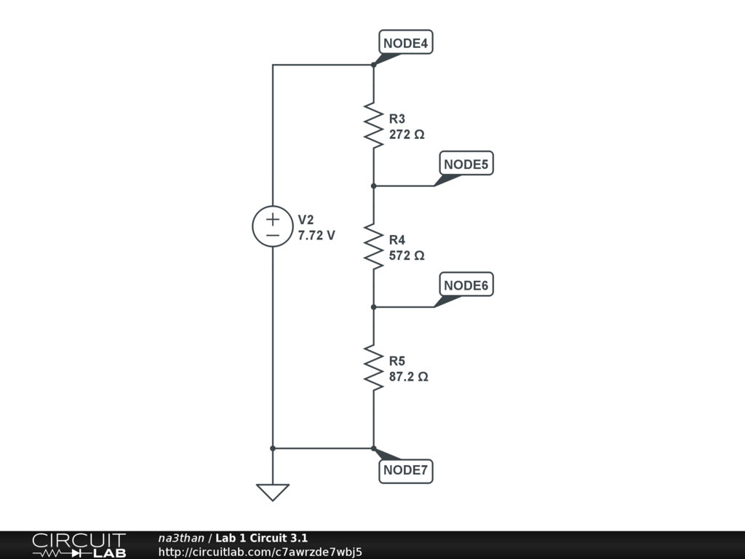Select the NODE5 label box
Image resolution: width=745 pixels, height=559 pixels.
click(467, 164)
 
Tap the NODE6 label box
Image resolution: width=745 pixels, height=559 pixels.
click(467, 285)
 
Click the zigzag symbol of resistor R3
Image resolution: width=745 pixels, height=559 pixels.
click(373, 125)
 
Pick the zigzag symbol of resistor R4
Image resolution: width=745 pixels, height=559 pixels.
click(373, 246)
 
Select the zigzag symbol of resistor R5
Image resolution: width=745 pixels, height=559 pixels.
click(373, 368)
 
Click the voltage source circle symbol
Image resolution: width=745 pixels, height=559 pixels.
click(273, 226)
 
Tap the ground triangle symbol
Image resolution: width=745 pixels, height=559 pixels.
click(273, 492)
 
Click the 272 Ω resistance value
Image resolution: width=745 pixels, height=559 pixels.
click(407, 135)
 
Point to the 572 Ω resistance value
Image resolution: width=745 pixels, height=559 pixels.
click(407, 255)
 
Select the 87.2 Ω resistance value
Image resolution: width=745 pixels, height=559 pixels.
click(409, 377)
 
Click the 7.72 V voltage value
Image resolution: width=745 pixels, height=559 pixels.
click(316, 236)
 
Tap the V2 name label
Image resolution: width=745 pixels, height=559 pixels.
click(306, 220)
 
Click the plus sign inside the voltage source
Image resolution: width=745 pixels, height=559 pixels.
click(273, 218)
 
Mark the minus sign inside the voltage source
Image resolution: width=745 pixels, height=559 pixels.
click(273, 235)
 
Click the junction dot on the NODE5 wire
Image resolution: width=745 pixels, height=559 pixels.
click(373, 186)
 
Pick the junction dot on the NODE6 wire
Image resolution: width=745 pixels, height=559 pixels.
click(373, 306)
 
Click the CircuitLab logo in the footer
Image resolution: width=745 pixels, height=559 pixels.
click(79, 545)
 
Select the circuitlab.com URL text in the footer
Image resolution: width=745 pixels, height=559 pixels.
click(260, 552)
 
